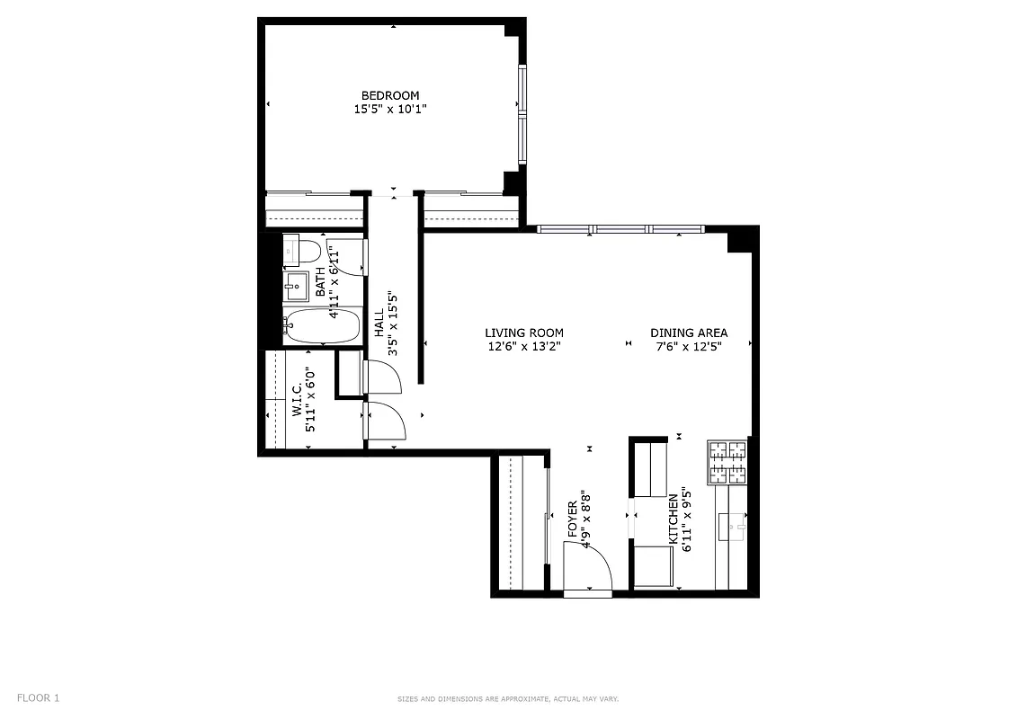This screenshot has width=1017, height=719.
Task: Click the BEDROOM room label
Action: (x=389, y=95)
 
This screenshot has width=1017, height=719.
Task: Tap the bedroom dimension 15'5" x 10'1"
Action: (x=389, y=109)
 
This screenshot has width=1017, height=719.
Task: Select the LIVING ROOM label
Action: (x=524, y=333)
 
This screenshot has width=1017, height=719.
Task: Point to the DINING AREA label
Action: (x=689, y=333)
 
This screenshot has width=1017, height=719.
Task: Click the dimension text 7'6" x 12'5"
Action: (x=689, y=346)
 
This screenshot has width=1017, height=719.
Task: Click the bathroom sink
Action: (x=296, y=287)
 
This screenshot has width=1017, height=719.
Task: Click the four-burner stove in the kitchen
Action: (x=727, y=462)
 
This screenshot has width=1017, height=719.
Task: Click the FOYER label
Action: (x=573, y=520)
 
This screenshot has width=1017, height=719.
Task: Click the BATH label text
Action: (x=320, y=282)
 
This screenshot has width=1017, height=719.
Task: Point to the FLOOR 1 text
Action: (x=39, y=697)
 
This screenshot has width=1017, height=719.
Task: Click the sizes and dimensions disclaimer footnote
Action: (x=508, y=699)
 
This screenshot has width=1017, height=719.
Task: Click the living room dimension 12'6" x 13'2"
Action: (x=524, y=346)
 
